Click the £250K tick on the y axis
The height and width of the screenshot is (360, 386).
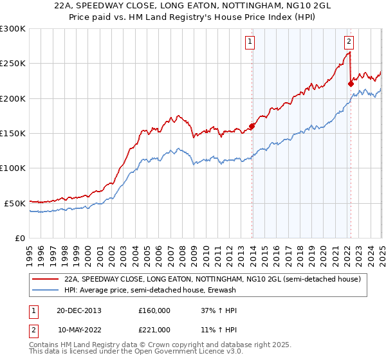[x=13, y=64]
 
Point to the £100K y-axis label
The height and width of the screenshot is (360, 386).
[x=13, y=168]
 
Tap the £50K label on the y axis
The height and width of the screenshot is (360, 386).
[x=15, y=203]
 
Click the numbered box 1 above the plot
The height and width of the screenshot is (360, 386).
[x=250, y=42]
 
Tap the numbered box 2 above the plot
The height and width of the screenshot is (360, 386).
[x=349, y=42]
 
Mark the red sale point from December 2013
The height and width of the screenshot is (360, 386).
[x=252, y=126]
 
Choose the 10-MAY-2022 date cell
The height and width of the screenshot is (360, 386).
[x=80, y=329]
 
